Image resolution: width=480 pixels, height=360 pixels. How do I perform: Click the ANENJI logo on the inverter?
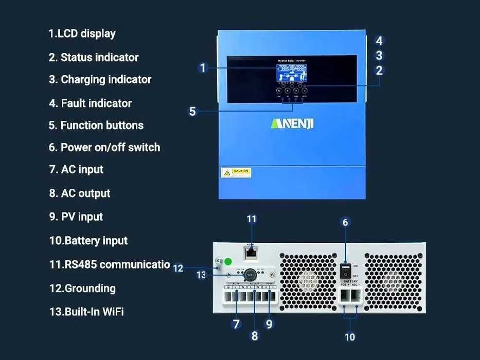click(292, 124)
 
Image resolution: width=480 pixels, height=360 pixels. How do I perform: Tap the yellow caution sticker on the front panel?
click(236, 172)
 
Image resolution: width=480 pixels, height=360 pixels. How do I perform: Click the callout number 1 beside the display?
click(203, 68)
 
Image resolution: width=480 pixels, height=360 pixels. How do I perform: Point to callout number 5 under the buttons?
click(192, 111)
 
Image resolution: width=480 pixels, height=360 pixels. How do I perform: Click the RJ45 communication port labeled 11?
click(251, 252)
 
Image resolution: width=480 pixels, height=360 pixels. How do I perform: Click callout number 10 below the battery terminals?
click(350, 337)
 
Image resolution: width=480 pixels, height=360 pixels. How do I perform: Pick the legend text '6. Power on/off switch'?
click(104, 148)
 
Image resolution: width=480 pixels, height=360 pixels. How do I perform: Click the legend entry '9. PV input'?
click(76, 217)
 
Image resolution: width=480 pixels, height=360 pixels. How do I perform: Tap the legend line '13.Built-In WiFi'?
click(86, 312)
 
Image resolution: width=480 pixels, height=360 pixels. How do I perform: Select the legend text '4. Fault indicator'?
click(91, 103)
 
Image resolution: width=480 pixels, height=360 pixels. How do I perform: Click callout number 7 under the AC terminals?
click(236, 324)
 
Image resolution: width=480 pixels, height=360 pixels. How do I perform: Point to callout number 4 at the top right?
click(379, 41)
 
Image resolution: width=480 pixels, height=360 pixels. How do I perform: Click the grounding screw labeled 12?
click(218, 263)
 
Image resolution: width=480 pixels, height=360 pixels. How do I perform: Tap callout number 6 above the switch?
click(345, 222)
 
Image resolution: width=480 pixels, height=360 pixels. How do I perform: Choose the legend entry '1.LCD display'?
click(82, 34)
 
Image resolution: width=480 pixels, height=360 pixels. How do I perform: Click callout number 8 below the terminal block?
click(254, 336)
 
